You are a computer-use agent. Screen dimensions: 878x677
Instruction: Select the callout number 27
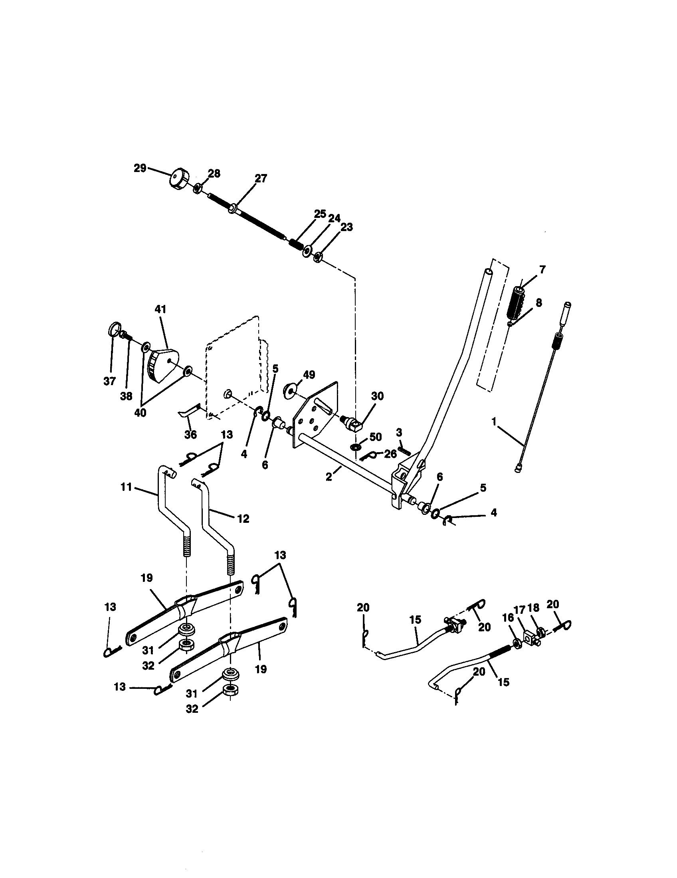click(261, 178)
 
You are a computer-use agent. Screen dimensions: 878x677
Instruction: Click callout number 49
click(309, 375)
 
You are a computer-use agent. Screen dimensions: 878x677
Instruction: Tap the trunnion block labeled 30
click(354, 423)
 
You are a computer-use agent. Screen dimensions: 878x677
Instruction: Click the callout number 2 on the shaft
click(329, 478)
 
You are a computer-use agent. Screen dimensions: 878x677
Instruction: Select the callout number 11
click(126, 487)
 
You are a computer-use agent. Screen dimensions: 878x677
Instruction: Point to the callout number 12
click(243, 518)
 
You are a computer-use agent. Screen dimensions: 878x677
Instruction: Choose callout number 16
click(508, 617)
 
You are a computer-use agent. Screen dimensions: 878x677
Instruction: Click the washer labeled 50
click(356, 447)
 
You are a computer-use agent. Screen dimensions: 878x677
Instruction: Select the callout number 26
click(390, 453)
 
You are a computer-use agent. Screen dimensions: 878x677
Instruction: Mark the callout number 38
click(126, 396)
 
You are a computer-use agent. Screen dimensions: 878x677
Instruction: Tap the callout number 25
click(320, 214)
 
